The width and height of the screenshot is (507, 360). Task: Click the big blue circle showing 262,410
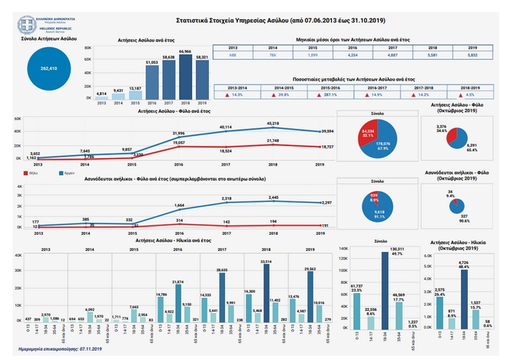44,68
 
